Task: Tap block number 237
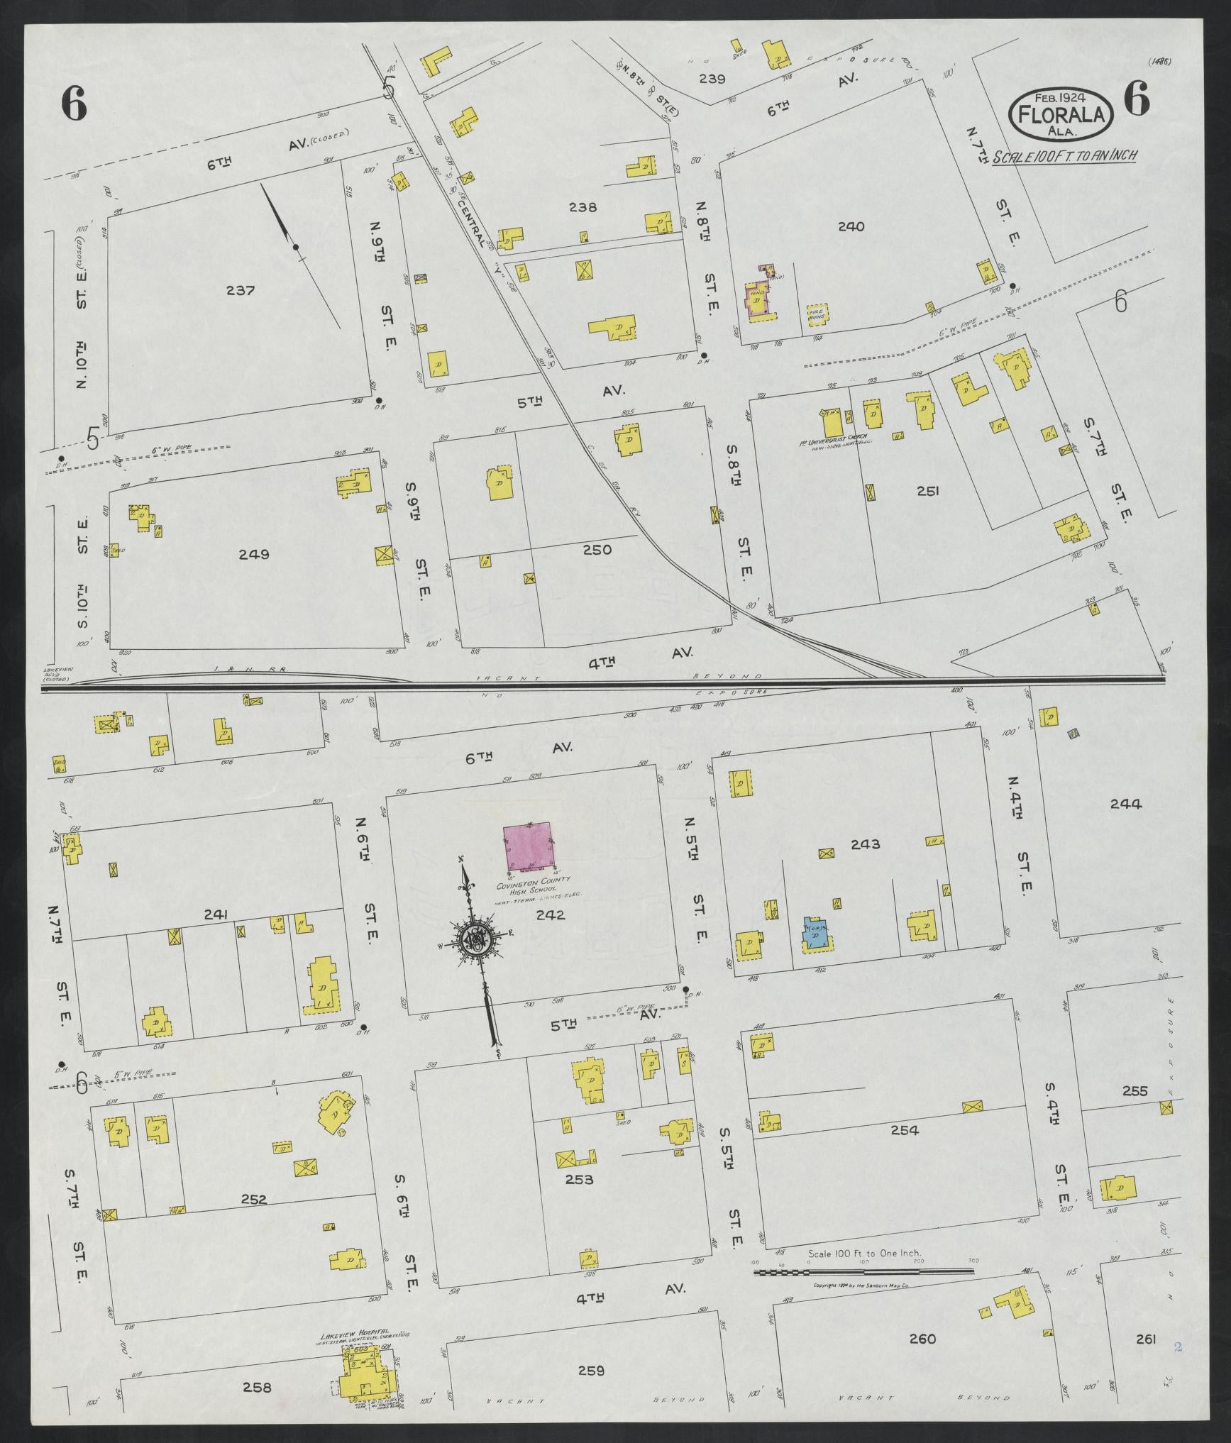pos(241,290)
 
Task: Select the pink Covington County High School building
pos(528,846)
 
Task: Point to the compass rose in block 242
pos(473,938)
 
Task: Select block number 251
pos(927,490)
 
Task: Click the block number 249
pos(254,554)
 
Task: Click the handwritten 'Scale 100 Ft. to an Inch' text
pos(1064,156)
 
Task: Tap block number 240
pos(851,227)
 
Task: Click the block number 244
pos(1125,804)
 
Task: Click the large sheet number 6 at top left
pos(74,106)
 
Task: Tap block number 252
pos(253,1200)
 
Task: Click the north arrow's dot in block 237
pos(296,247)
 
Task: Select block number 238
pos(583,207)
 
